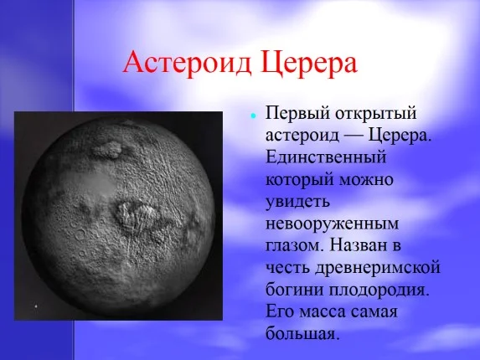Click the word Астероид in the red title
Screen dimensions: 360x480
click(185, 63)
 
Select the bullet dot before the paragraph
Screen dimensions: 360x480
click(252, 114)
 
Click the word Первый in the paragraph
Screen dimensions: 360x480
click(292, 113)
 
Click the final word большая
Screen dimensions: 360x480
click(302, 333)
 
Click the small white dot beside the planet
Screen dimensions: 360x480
click(36, 307)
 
